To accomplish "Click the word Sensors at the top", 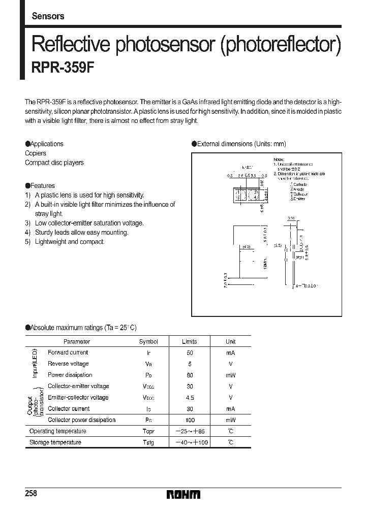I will [x=48, y=16].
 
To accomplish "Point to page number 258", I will [x=31, y=494].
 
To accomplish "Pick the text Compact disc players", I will [x=54, y=163].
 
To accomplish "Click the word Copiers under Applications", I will [x=36, y=153].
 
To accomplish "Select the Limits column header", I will [x=189, y=342].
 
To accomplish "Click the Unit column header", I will [x=231, y=342].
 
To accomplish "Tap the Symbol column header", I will [x=148, y=342].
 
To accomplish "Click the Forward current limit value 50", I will [x=190, y=352].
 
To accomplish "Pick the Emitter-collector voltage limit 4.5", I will [x=190, y=398].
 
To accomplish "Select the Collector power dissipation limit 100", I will [x=190, y=420].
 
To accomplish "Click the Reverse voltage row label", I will [x=68, y=364].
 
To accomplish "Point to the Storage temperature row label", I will [x=55, y=442].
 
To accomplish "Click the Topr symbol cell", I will [x=148, y=431].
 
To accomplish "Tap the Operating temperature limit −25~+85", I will [x=190, y=431].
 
